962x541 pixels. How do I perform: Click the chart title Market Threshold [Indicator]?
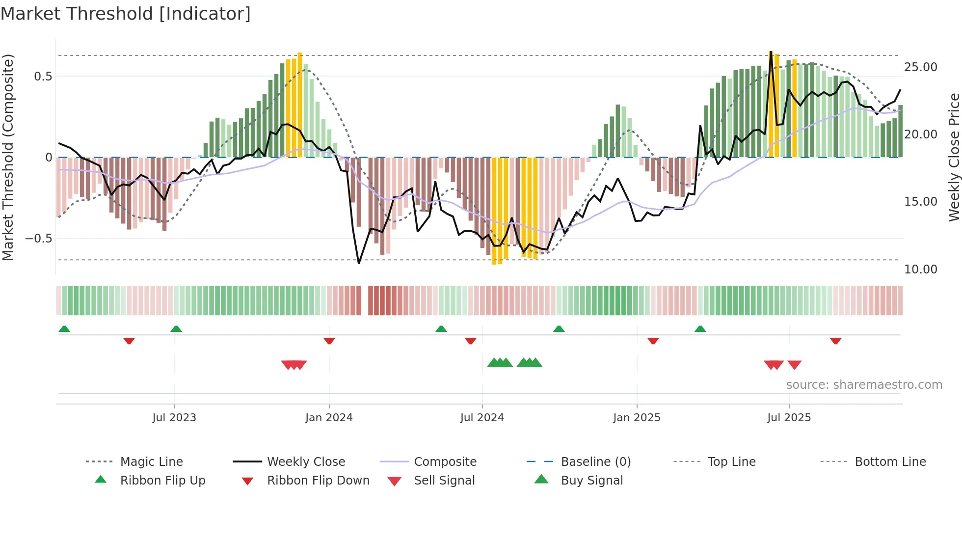click(126, 14)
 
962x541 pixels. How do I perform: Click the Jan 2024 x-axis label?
click(329, 418)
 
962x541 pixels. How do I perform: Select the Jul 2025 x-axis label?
click(789, 418)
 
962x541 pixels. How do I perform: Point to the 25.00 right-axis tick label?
click(920, 67)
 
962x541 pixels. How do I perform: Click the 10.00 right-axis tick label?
click(920, 269)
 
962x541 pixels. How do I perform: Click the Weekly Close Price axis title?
click(954, 157)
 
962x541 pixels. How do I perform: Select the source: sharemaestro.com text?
click(864, 385)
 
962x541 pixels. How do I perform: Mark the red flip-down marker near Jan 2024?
click(329, 341)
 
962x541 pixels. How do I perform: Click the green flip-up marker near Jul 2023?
click(176, 329)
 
